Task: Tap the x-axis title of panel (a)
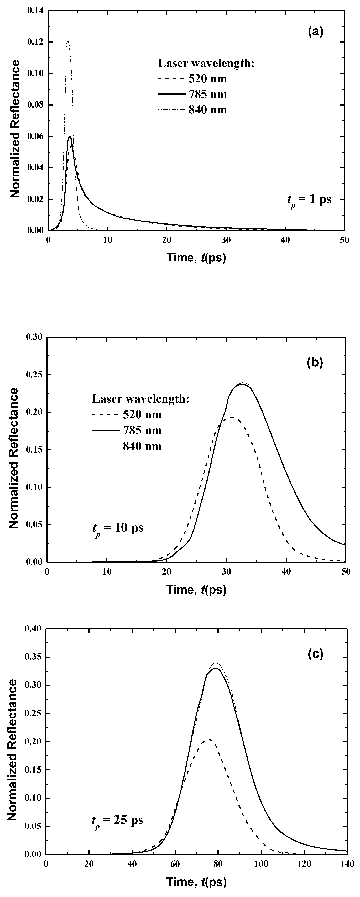point(196,258)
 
